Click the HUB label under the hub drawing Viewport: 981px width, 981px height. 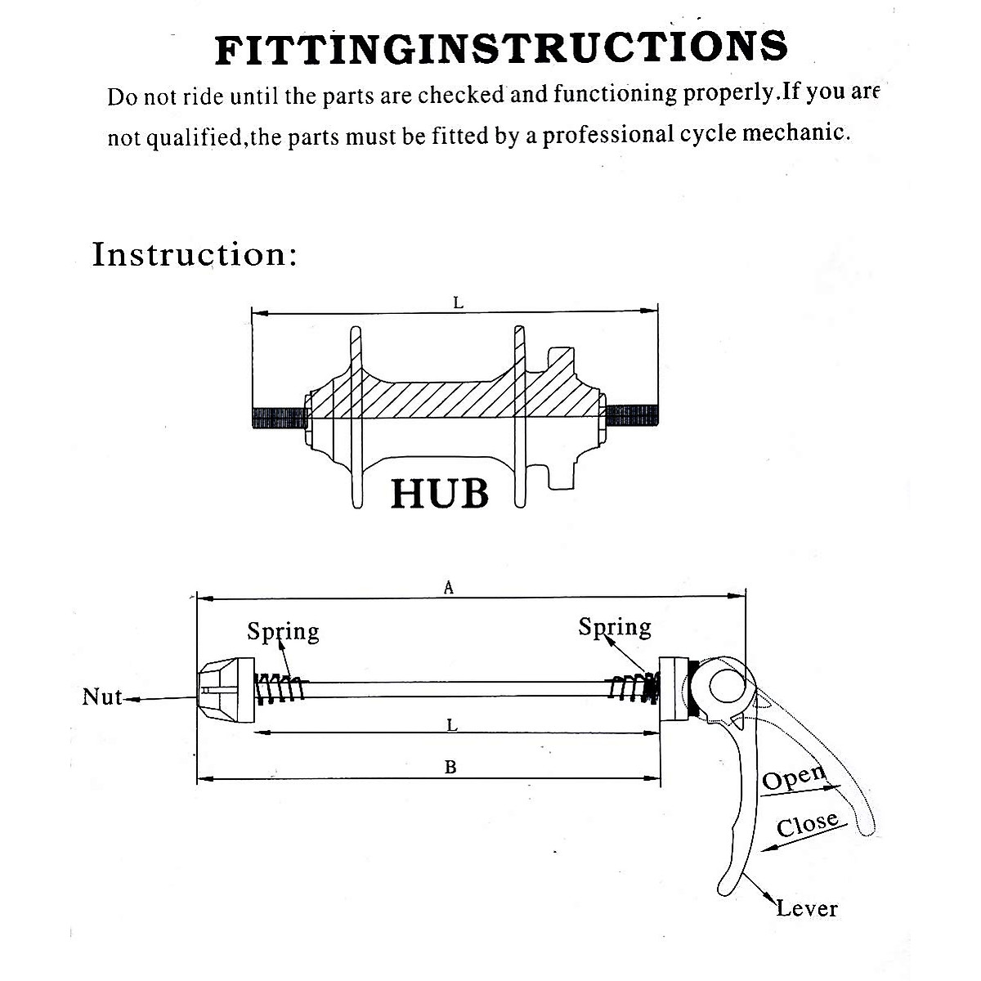point(440,494)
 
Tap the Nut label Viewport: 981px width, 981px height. point(102,697)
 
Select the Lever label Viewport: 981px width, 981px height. point(807,909)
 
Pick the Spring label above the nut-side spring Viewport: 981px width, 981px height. point(283,632)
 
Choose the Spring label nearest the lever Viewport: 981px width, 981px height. point(615,628)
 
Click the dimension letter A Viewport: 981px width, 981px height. point(449,588)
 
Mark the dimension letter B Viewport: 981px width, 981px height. point(450,767)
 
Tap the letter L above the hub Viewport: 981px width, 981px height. point(458,303)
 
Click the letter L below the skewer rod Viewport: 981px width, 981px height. point(452,725)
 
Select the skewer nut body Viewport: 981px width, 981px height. point(226,689)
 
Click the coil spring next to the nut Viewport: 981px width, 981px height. point(280,689)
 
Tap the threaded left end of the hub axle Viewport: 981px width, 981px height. point(280,418)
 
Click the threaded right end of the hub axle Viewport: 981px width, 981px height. point(632,415)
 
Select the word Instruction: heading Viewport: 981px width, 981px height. point(194,254)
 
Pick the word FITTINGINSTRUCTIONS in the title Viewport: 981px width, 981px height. point(501,48)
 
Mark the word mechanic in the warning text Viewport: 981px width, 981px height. point(796,133)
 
